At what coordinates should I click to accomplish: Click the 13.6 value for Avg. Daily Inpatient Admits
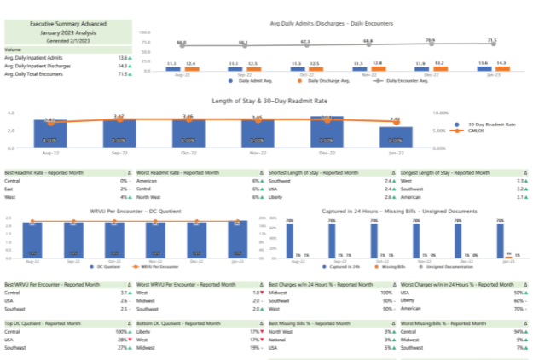point(123,57)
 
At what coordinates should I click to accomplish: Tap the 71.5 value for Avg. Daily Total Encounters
point(123,74)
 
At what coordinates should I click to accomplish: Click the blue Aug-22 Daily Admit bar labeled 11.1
point(171,67)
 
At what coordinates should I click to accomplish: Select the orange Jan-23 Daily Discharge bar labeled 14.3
point(502,67)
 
